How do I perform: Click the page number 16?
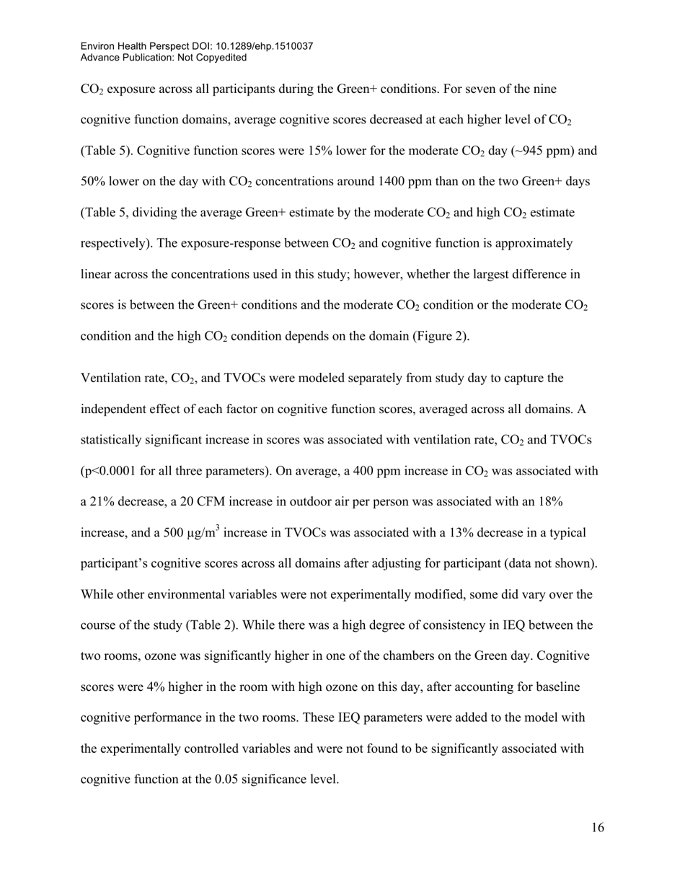pos(598,828)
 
